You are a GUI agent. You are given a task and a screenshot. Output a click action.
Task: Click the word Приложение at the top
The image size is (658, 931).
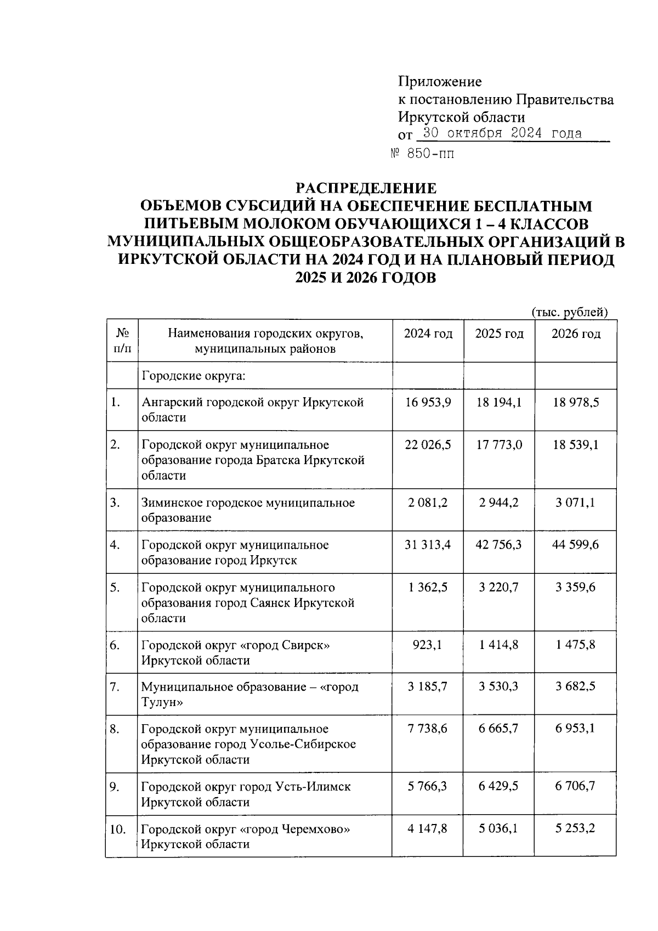click(440, 82)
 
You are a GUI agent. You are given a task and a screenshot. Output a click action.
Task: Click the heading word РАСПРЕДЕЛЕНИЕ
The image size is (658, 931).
click(366, 188)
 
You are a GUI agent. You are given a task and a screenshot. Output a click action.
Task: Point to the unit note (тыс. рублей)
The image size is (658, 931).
click(570, 312)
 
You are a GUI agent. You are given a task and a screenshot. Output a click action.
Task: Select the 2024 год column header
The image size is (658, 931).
click(428, 334)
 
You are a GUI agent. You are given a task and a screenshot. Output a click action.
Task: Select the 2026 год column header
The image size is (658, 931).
click(575, 334)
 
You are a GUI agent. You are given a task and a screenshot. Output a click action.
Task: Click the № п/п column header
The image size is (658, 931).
click(122, 341)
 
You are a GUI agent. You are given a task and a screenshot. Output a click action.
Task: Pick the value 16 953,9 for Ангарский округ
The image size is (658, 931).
click(428, 402)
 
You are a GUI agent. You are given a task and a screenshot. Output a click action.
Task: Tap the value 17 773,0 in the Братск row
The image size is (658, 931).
click(498, 444)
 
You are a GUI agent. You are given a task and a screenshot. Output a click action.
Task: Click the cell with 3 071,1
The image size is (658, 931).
click(575, 503)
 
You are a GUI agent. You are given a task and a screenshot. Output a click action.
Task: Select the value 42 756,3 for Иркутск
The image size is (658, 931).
click(498, 545)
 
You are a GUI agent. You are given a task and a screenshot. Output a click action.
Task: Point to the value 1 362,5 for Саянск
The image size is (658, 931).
click(428, 587)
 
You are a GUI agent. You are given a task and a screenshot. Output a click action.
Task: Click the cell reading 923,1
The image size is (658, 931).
click(428, 645)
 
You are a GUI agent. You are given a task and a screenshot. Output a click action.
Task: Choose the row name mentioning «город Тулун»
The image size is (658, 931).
click(249, 694)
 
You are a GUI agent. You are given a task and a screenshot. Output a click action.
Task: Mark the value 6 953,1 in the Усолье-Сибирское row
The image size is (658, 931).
click(575, 729)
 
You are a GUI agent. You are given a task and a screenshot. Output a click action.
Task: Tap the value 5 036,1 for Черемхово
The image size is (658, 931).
click(498, 828)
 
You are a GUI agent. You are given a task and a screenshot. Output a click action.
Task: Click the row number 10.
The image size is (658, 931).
click(117, 829)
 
